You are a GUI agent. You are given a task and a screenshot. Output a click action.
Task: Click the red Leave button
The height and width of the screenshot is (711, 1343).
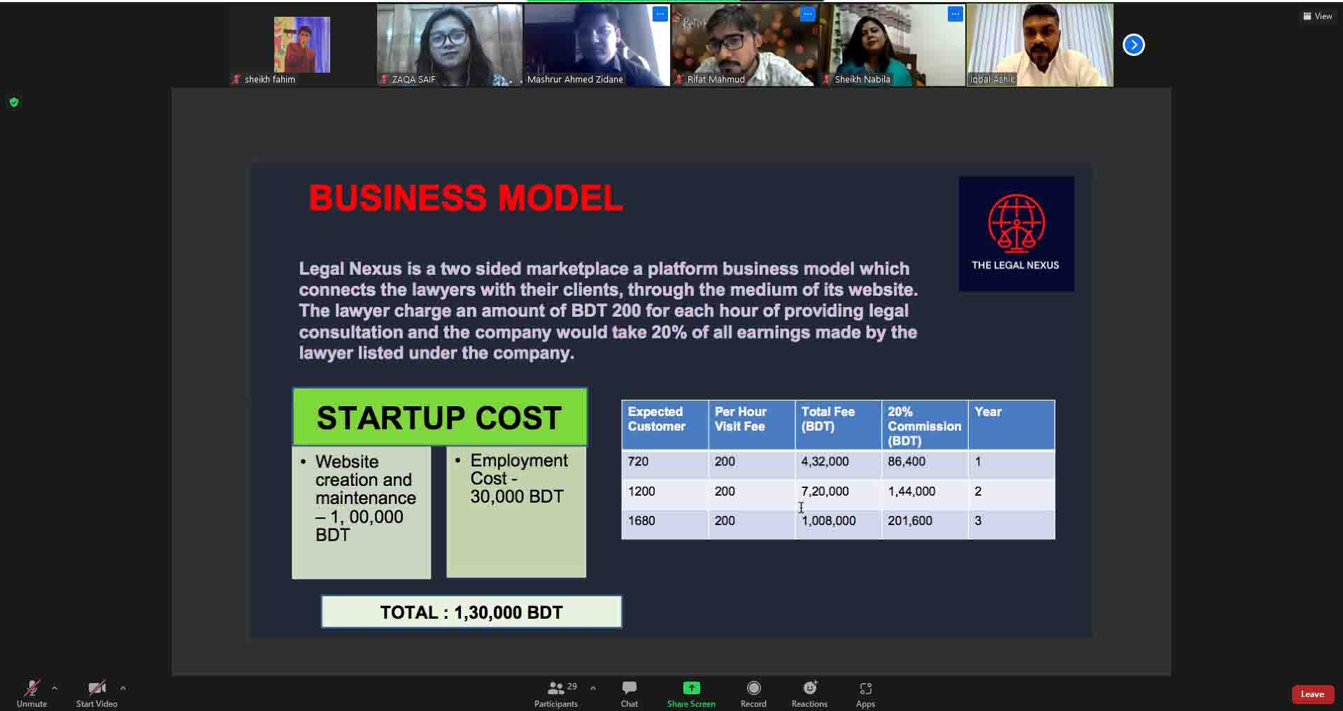point(1312,694)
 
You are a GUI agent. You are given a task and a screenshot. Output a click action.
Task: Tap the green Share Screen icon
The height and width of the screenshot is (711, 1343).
point(691,688)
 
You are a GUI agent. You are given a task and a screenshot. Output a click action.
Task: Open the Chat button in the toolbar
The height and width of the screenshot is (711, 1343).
point(630,688)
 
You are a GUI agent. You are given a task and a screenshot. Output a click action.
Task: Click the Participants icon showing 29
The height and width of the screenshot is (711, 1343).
point(556,689)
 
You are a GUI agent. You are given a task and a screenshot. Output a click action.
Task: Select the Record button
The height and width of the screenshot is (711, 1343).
point(753,688)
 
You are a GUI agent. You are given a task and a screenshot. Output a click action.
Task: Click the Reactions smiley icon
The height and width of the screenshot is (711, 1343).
point(810,688)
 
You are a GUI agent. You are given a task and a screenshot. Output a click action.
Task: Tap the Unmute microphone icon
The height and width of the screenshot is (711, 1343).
point(31,688)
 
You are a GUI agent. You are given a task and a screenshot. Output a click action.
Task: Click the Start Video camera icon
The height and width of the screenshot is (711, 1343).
point(97,688)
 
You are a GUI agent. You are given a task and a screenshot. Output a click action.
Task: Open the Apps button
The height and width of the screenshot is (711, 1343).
point(865,689)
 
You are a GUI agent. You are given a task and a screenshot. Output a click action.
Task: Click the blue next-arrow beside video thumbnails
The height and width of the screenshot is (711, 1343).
point(1134,45)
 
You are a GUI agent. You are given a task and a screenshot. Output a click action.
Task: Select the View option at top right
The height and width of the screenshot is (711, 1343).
point(1318,16)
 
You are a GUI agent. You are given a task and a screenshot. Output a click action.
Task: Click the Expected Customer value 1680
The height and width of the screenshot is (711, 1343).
point(641,521)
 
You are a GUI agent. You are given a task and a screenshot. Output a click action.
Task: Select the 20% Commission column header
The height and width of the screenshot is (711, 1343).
point(925,425)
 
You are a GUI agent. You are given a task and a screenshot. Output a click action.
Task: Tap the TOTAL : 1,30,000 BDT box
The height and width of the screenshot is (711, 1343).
point(471,612)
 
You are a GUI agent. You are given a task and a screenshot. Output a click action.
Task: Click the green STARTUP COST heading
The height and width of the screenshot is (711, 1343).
point(440,417)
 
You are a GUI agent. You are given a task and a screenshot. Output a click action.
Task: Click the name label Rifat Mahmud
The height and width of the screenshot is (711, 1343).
point(716,80)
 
